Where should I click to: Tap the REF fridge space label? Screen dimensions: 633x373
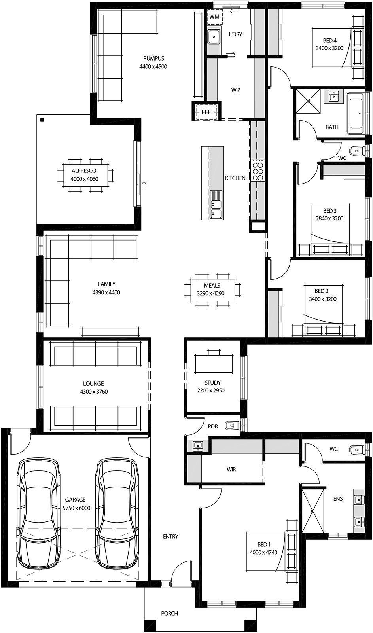206,112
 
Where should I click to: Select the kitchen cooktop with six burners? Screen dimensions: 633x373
258,169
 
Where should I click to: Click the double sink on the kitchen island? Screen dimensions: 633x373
216,209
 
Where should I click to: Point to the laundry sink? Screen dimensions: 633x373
214,36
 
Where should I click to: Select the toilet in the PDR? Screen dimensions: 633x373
233,425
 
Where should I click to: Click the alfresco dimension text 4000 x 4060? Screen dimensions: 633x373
84,179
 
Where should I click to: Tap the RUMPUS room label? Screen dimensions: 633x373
153,59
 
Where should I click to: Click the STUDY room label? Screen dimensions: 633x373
212,383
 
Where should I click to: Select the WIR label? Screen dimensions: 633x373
231,469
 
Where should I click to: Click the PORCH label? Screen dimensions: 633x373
169,613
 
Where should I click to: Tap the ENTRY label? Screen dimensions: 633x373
170,536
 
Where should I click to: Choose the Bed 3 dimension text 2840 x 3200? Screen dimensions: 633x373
329,218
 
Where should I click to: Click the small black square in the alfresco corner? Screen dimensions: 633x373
42,120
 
